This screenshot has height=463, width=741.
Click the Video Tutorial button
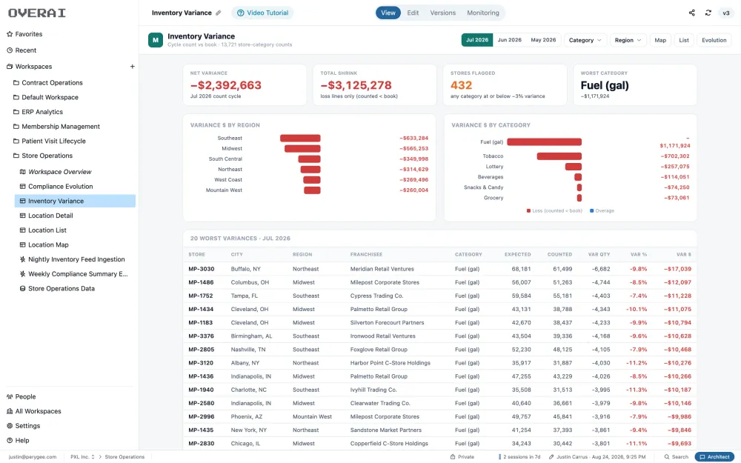(x=262, y=13)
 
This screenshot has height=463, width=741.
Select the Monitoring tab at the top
(x=482, y=13)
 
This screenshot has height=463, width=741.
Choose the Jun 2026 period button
(x=509, y=40)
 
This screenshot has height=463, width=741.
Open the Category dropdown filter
(x=585, y=40)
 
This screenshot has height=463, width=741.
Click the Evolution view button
(x=714, y=40)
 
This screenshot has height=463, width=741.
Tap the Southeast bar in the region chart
(x=300, y=138)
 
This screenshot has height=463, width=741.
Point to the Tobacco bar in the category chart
(x=559, y=156)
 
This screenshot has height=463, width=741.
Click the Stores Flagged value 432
(x=461, y=85)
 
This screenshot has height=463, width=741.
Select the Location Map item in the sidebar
(x=48, y=244)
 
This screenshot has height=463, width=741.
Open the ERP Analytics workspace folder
(x=42, y=112)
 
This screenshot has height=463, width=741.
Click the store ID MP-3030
(x=202, y=269)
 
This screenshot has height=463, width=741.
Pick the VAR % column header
(x=639, y=254)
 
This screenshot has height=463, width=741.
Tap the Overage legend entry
(x=602, y=210)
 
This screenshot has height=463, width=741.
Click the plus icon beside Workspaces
(x=133, y=67)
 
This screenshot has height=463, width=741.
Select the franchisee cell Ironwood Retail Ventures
(x=383, y=336)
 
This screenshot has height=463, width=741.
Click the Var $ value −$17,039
(x=677, y=269)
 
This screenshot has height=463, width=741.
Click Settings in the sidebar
(x=27, y=426)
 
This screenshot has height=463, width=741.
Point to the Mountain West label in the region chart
(x=224, y=190)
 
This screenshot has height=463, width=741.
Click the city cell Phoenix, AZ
(x=246, y=416)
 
